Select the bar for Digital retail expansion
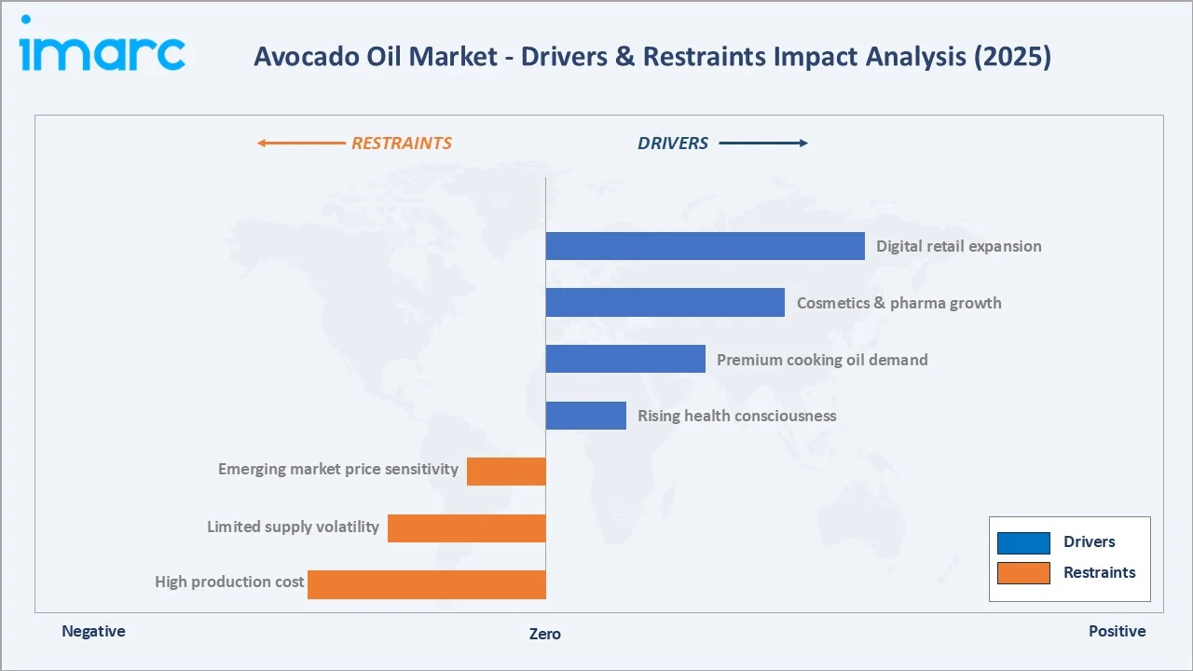coord(705,246)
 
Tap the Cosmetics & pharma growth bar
coord(665,303)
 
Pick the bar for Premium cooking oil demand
coord(625,359)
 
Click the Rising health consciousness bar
coord(585,416)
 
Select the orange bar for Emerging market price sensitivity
coord(506,472)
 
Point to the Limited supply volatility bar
coord(466,528)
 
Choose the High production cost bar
coord(427,584)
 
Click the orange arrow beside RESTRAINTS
coord(300,144)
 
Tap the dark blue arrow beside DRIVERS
coord(763,144)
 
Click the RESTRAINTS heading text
coord(401,144)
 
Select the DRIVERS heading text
coord(673,144)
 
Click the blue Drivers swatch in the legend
coord(1023,542)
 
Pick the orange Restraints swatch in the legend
coord(1023,572)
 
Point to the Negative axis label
coord(93,631)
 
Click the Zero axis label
coord(545,634)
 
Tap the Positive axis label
coord(1117,631)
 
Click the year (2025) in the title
coord(1011,57)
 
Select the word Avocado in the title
coord(298,57)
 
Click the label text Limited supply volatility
coord(293,527)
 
